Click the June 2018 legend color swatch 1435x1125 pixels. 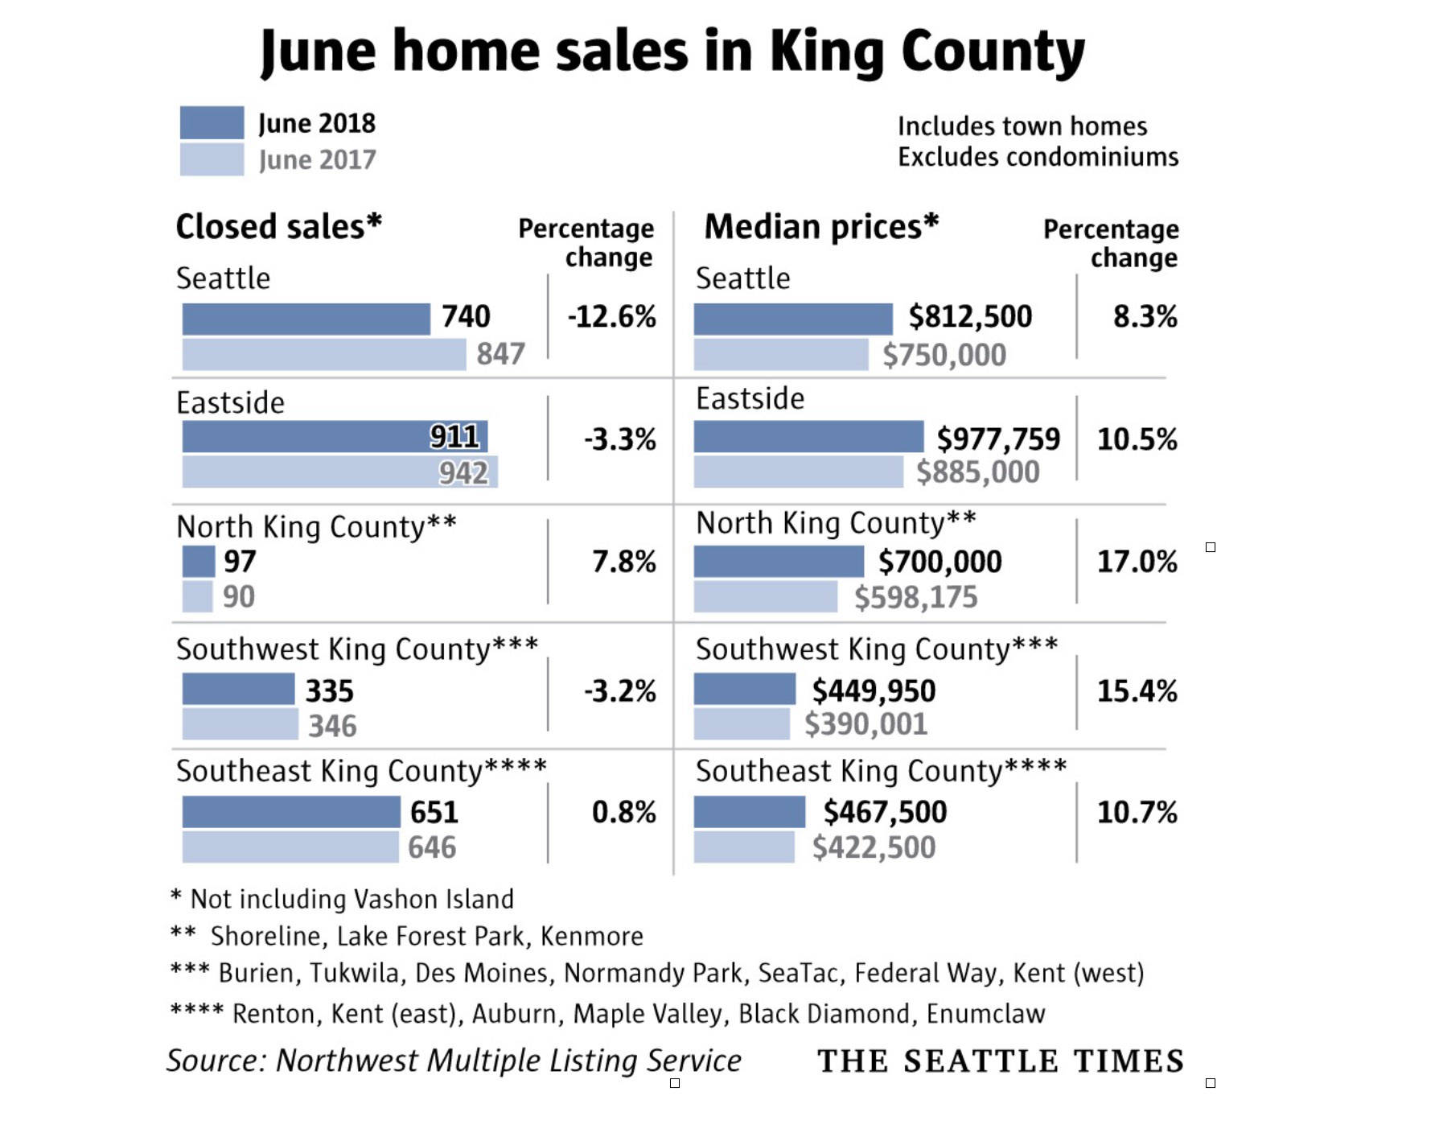coord(212,123)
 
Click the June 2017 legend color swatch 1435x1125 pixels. coord(212,159)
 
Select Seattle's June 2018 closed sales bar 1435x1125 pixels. coord(306,319)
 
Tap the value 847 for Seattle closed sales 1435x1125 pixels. coord(500,354)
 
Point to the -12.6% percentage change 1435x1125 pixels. coord(612,317)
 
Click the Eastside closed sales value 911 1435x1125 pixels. coord(454,437)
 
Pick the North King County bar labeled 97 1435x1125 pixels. coord(198,562)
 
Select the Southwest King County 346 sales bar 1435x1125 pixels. coord(240,724)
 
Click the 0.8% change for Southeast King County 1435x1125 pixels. coord(623,813)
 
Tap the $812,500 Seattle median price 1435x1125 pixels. coord(970,317)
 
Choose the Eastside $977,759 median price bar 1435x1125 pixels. coord(808,437)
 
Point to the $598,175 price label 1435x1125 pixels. coord(915,598)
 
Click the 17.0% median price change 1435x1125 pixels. coord(1137,562)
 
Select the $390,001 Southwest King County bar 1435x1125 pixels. coord(742,724)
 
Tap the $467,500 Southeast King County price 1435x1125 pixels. coord(885,813)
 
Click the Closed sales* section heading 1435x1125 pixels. coord(278,227)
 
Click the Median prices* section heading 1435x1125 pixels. coord(821,227)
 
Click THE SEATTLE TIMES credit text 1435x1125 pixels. coord(1001,1061)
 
